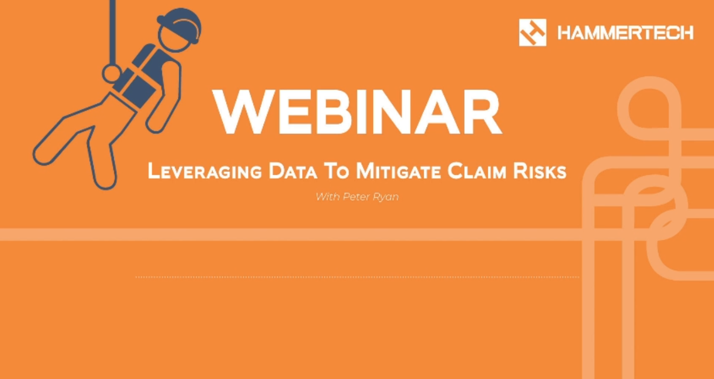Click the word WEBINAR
pyautogui.click(x=357, y=112)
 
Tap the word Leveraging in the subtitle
pyautogui.click(x=205, y=171)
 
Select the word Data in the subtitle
pyautogui.click(x=293, y=171)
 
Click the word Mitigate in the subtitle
pyautogui.click(x=398, y=171)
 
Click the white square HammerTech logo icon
pyautogui.click(x=533, y=33)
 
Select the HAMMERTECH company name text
pyautogui.click(x=625, y=33)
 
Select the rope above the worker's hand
pyautogui.click(x=112, y=32)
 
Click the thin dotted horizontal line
pyautogui.click(x=357, y=277)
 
